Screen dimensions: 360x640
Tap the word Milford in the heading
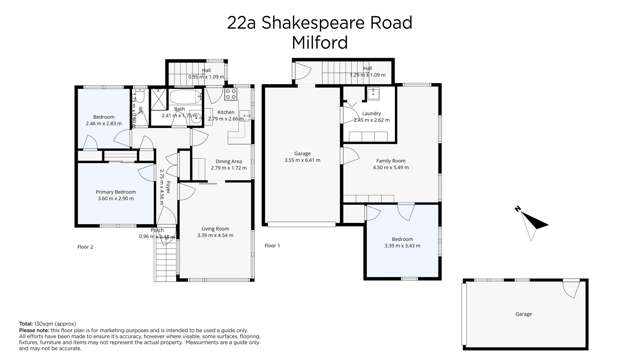[x=318, y=43]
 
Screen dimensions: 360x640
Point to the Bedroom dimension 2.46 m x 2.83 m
[x=103, y=123]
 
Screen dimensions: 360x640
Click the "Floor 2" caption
[x=85, y=246]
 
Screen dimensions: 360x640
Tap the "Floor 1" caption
[x=272, y=246]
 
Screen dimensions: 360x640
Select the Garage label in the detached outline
[x=523, y=314]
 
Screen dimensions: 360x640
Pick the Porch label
[x=157, y=231]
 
